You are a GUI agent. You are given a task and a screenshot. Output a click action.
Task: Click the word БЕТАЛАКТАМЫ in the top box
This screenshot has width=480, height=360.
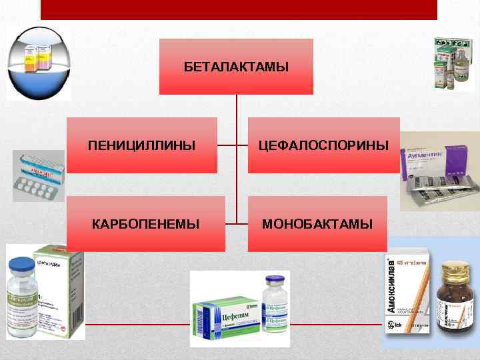tap(236, 67)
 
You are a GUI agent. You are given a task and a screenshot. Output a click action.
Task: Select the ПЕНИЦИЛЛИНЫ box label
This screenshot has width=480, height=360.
tap(142, 145)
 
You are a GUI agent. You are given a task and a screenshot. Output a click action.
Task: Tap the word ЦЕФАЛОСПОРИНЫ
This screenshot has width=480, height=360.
tap(324, 145)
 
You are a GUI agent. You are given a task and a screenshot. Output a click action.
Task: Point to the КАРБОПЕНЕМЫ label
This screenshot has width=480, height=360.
tap(145, 224)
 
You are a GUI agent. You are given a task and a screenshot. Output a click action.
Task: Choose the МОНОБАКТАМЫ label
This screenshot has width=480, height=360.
tap(317, 224)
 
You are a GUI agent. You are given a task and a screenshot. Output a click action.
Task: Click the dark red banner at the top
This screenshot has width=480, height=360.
tap(239, 9)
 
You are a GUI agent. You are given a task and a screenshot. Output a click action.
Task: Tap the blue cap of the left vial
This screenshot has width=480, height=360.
tap(24, 265)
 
